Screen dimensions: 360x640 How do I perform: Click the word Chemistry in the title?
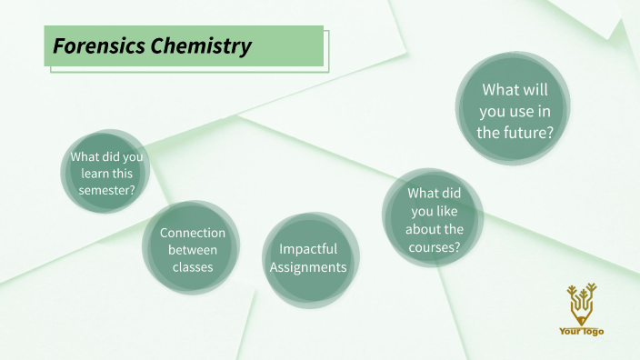(201, 46)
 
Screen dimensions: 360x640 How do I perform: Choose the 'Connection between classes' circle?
(192, 248)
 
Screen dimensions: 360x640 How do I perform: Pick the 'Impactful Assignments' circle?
(308, 258)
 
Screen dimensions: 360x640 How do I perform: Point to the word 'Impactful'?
(308, 248)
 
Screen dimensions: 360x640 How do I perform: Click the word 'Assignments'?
(308, 267)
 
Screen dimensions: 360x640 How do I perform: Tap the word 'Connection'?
(193, 233)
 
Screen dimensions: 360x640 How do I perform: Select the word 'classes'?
(192, 267)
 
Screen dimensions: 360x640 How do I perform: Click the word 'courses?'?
(435, 245)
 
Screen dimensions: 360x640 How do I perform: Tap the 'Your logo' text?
(581, 332)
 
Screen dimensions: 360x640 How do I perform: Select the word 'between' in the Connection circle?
(192, 250)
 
